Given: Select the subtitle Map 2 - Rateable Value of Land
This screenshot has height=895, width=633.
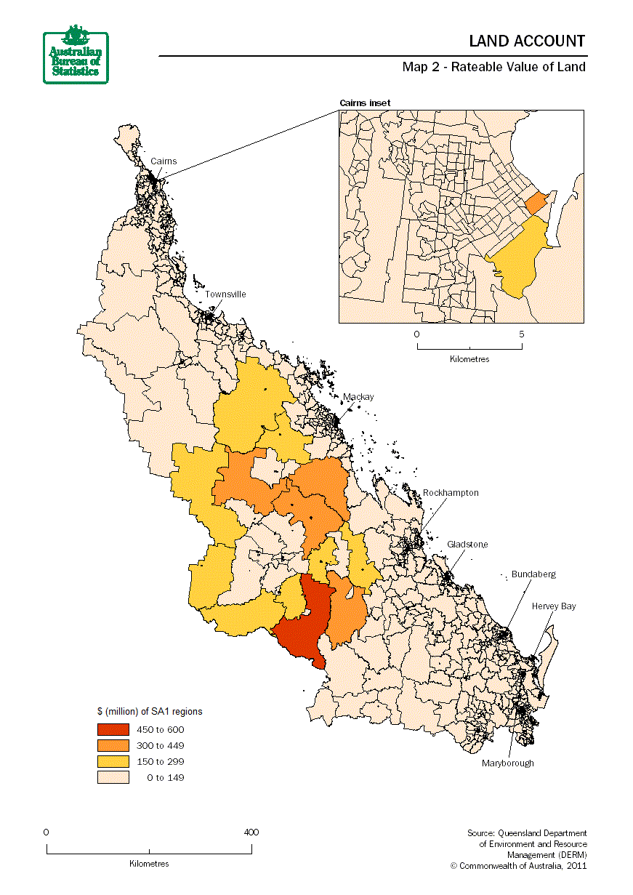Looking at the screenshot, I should [493, 67].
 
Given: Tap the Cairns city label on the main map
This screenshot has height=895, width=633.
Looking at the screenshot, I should [164, 161].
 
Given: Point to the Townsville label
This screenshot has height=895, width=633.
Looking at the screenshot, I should [225, 294].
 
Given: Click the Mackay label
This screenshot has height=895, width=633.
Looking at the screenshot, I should [358, 397].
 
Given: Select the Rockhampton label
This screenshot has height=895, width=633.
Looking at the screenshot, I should [451, 493].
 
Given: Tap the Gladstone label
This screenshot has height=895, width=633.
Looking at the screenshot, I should [467, 545].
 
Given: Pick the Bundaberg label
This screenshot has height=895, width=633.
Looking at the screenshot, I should [533, 574].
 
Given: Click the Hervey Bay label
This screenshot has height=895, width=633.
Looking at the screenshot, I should [553, 606].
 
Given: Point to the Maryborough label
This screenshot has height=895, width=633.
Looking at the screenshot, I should [507, 763].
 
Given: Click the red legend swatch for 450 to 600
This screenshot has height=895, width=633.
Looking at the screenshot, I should [113, 729].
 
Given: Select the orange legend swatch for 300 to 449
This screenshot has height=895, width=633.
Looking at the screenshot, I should [113, 745].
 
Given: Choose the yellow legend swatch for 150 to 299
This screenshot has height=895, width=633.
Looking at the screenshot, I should [113, 761].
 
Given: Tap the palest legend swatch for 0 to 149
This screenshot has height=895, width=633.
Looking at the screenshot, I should [113, 777].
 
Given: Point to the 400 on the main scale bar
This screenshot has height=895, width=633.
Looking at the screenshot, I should [251, 832].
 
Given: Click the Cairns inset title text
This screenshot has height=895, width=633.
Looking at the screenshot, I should [365, 103].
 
